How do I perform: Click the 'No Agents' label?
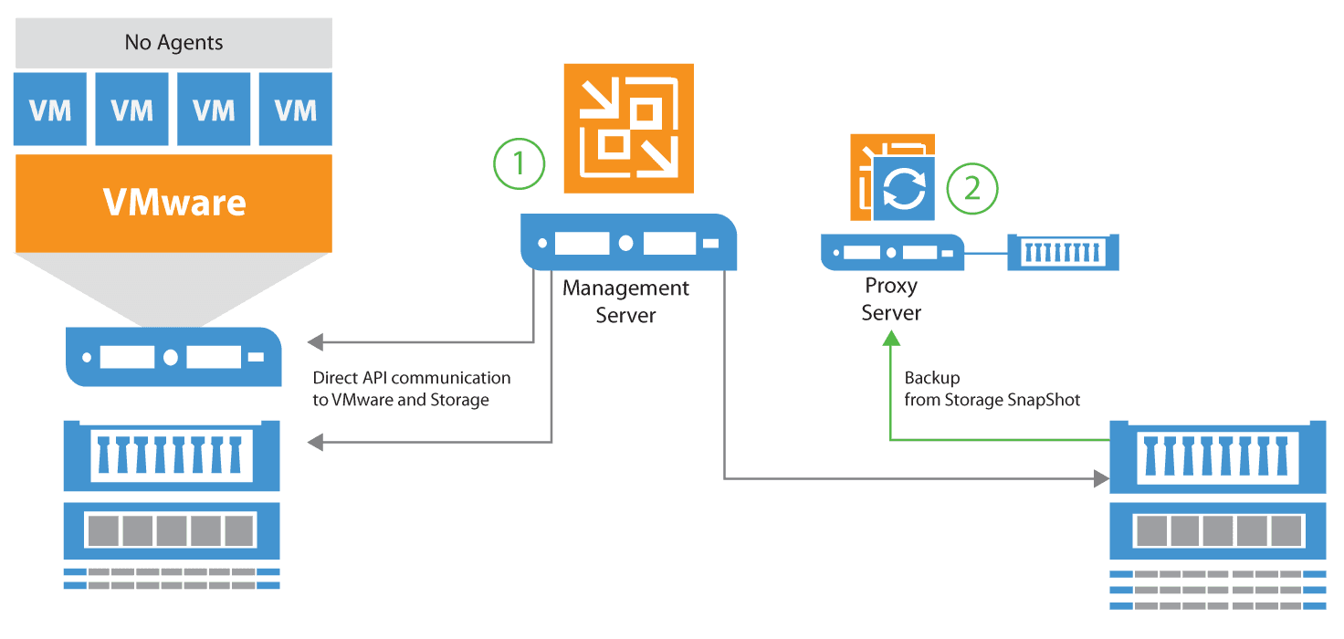point(173,42)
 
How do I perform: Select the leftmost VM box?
point(50,110)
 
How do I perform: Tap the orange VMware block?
point(173,203)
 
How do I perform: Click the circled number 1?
point(519,163)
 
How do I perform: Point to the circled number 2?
point(972,188)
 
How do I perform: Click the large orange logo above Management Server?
point(628,128)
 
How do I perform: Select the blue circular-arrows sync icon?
point(904,188)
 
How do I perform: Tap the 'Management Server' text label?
point(626,301)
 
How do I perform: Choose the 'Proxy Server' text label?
point(892,299)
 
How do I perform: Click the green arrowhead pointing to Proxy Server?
point(890,338)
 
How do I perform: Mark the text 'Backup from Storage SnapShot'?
point(992,389)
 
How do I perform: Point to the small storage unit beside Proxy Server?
point(1063,252)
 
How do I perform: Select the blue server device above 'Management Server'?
point(628,243)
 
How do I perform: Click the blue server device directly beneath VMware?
point(173,357)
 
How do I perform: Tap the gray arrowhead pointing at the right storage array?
point(1101,477)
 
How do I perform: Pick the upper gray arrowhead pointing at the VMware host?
point(315,342)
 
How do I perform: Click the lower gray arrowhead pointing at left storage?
point(315,443)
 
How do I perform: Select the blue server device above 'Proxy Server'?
point(892,252)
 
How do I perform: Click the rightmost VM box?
point(296,110)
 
